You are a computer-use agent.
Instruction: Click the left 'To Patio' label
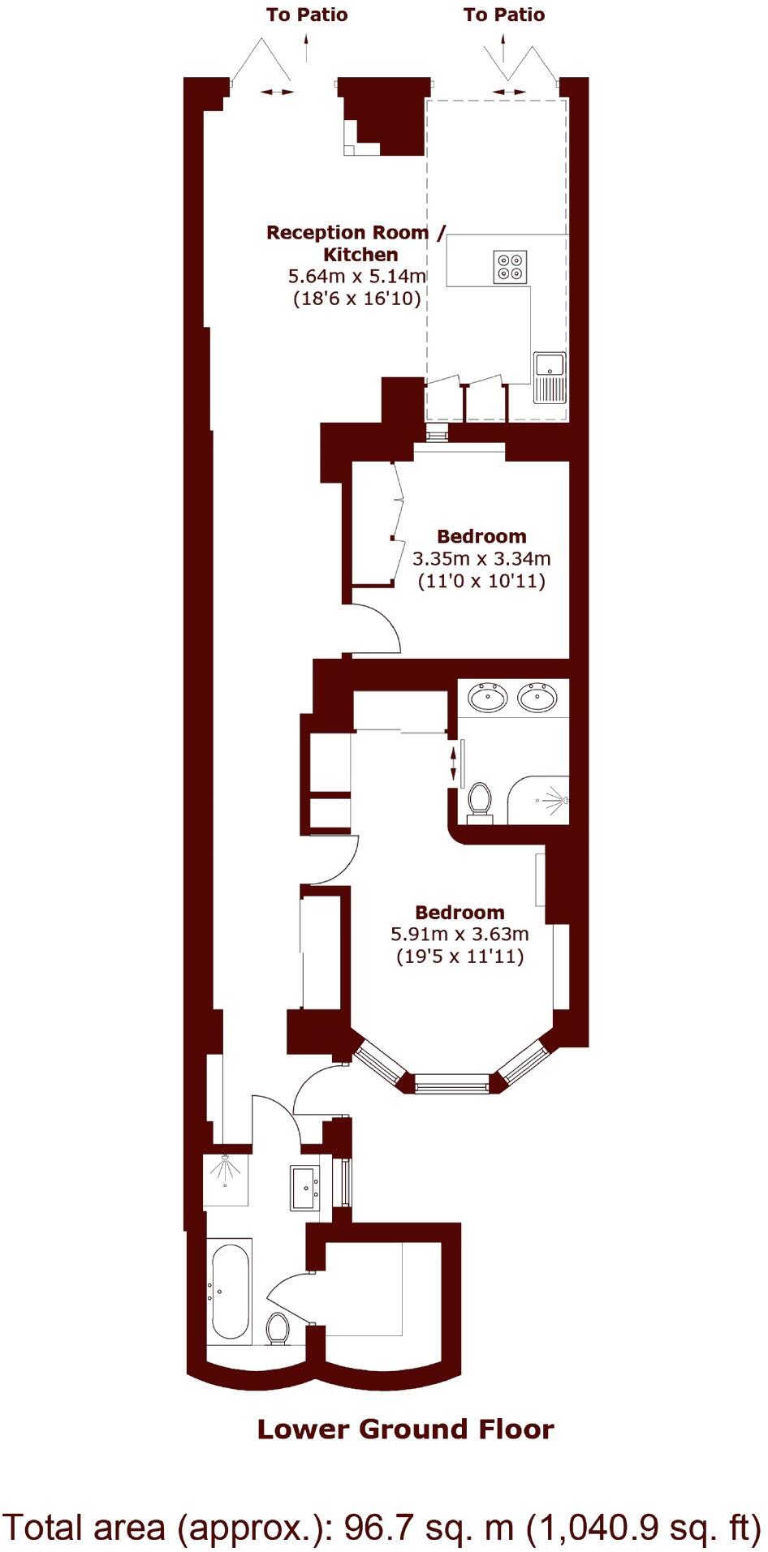click(x=307, y=15)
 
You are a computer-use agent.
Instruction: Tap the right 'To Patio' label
click(x=504, y=15)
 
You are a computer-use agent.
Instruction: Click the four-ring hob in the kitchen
click(x=511, y=268)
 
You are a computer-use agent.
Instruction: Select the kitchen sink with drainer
click(x=550, y=377)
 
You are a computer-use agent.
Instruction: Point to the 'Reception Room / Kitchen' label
click(x=356, y=243)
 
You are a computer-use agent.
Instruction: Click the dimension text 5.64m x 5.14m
click(x=357, y=277)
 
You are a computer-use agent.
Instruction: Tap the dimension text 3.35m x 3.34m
click(x=481, y=559)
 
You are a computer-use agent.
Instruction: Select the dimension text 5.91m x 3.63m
click(x=460, y=935)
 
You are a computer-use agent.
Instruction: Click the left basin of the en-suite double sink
click(x=488, y=698)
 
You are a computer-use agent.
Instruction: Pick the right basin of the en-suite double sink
click(x=537, y=698)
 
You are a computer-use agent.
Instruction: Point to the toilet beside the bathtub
click(x=278, y=1328)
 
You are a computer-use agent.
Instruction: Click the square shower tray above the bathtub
click(x=227, y=1179)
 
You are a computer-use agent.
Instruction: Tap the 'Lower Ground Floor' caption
click(x=405, y=1429)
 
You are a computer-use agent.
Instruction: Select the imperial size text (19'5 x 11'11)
click(x=460, y=957)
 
